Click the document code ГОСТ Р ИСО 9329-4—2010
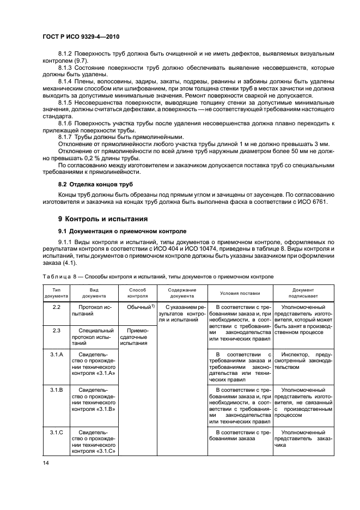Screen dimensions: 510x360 (x=80, y=37)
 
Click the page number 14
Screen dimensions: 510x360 (x=46, y=464)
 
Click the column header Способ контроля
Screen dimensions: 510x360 (x=138, y=293)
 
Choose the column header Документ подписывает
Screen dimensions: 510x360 (x=303, y=293)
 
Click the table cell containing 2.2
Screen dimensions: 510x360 (x=56, y=308)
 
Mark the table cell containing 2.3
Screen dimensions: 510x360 (x=56, y=330)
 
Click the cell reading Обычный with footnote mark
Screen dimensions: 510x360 (x=138, y=308)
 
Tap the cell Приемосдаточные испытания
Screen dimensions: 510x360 (x=138, y=337)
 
